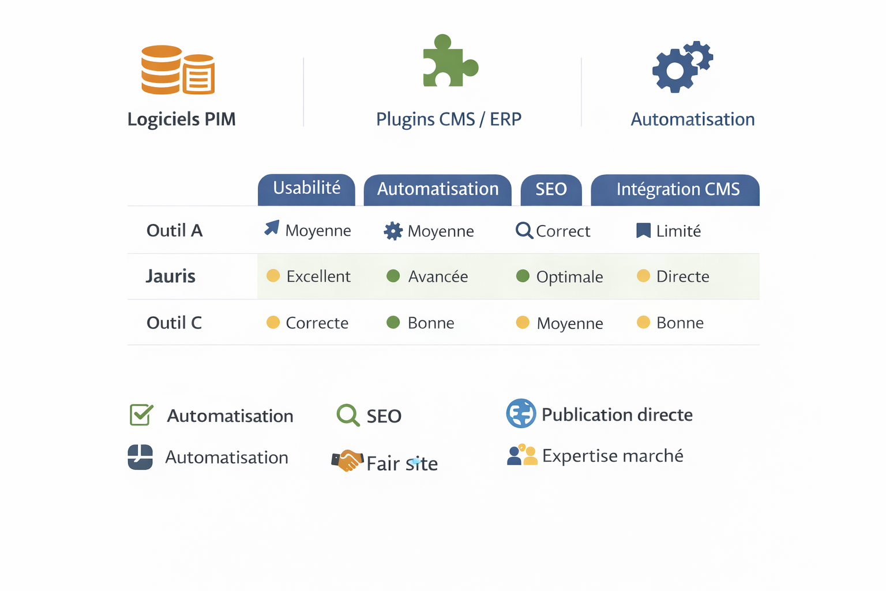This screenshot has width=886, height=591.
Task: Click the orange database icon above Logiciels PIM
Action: [178, 70]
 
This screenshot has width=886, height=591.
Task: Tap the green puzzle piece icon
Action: [449, 61]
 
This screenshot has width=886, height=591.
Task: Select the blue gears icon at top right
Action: [682, 66]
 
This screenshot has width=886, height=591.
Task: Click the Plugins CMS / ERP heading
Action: [448, 119]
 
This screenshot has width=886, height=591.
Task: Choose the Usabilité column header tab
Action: [306, 189]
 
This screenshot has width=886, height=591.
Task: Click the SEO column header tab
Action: [551, 189]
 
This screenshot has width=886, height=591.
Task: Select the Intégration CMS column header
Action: [677, 189]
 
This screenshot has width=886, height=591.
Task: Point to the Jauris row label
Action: [171, 276]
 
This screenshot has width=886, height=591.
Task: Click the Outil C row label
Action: [174, 323]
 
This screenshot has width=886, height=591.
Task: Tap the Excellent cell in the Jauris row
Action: [318, 276]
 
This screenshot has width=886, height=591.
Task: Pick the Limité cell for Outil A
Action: [678, 231]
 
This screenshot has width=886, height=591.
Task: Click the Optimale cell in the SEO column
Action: [569, 277]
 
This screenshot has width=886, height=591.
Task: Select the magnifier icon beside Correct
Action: [524, 230]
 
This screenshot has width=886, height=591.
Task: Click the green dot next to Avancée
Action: [393, 276]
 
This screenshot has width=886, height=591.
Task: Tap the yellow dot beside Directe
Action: [643, 276]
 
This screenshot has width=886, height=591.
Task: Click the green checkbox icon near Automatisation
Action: [141, 414]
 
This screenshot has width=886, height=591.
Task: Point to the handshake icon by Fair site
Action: [347, 461]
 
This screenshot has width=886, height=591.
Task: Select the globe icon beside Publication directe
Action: [521, 413]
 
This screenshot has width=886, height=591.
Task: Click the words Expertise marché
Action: [613, 456]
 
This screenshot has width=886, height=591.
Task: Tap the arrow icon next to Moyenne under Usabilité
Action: [272, 228]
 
